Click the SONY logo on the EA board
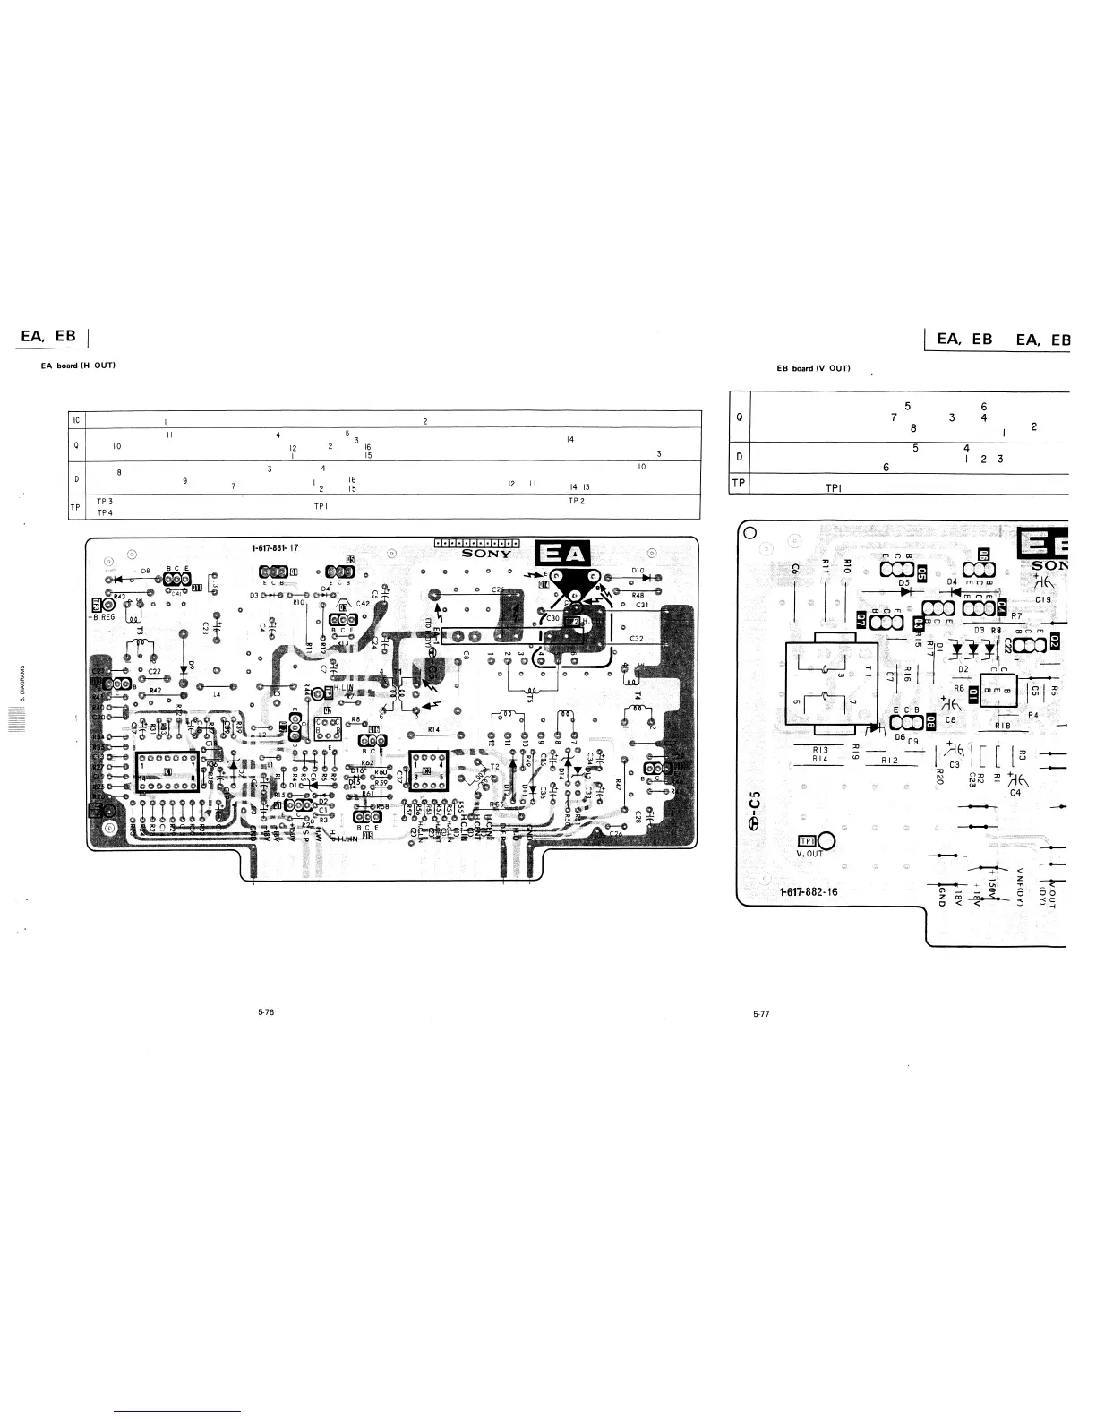coord(487,554)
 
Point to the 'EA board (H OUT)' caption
coord(79,365)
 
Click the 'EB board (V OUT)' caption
coord(813,368)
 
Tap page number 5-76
coord(265,1013)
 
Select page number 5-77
coord(761,1014)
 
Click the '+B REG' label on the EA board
coord(101,617)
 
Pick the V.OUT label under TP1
coord(809,853)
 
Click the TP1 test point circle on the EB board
coord(826,841)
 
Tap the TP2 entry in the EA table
coord(576,500)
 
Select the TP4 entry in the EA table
coord(105,512)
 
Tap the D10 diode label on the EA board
coord(638,570)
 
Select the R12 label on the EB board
coord(889,761)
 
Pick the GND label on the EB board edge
coord(943,896)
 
